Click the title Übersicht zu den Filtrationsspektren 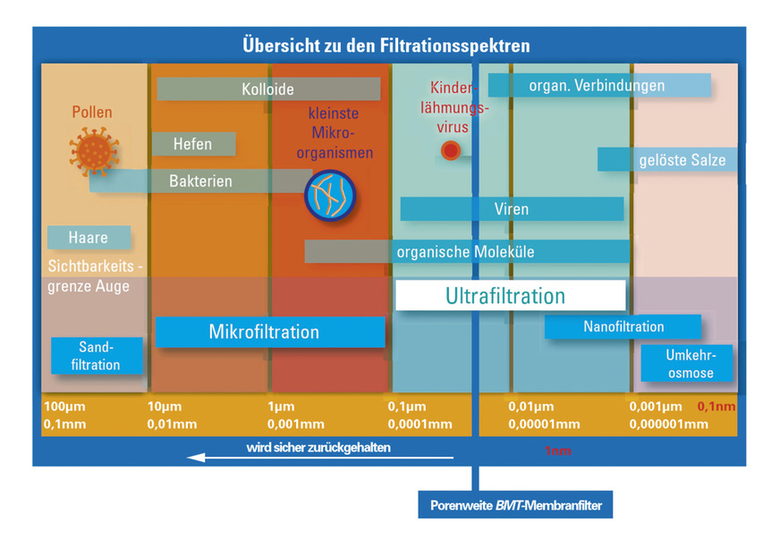pos(386,45)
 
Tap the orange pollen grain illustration pos(94,149)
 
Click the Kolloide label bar pos(268,89)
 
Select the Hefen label pos(193,144)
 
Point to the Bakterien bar pos(200,181)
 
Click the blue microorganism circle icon pos(331,195)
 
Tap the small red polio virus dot pos(451,151)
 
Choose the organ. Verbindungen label pos(598,86)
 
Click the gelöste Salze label pos(668,160)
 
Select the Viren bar pos(512,209)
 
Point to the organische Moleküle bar pos(466,252)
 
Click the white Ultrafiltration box pos(510,296)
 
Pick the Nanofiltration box pos(623,327)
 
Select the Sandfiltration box pos(97,356)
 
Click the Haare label pos(89,238)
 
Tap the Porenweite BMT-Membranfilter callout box pos(515,506)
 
